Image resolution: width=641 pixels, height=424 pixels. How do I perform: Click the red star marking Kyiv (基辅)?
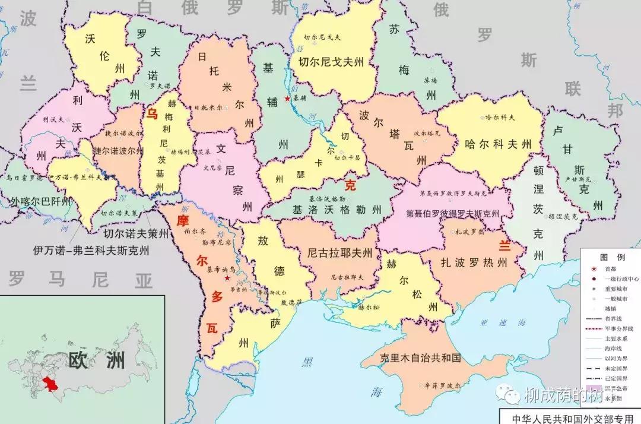pyautogui.click(x=287, y=98)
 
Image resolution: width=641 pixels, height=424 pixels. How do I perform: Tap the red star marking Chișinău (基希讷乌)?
pyautogui.click(x=226, y=277)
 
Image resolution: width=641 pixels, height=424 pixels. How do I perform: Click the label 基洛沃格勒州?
pyautogui.click(x=336, y=210)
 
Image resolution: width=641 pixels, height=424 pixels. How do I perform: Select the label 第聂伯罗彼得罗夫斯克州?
pyautogui.click(x=452, y=213)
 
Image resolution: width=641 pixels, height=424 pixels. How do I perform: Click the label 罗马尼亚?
pyautogui.click(x=80, y=278)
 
